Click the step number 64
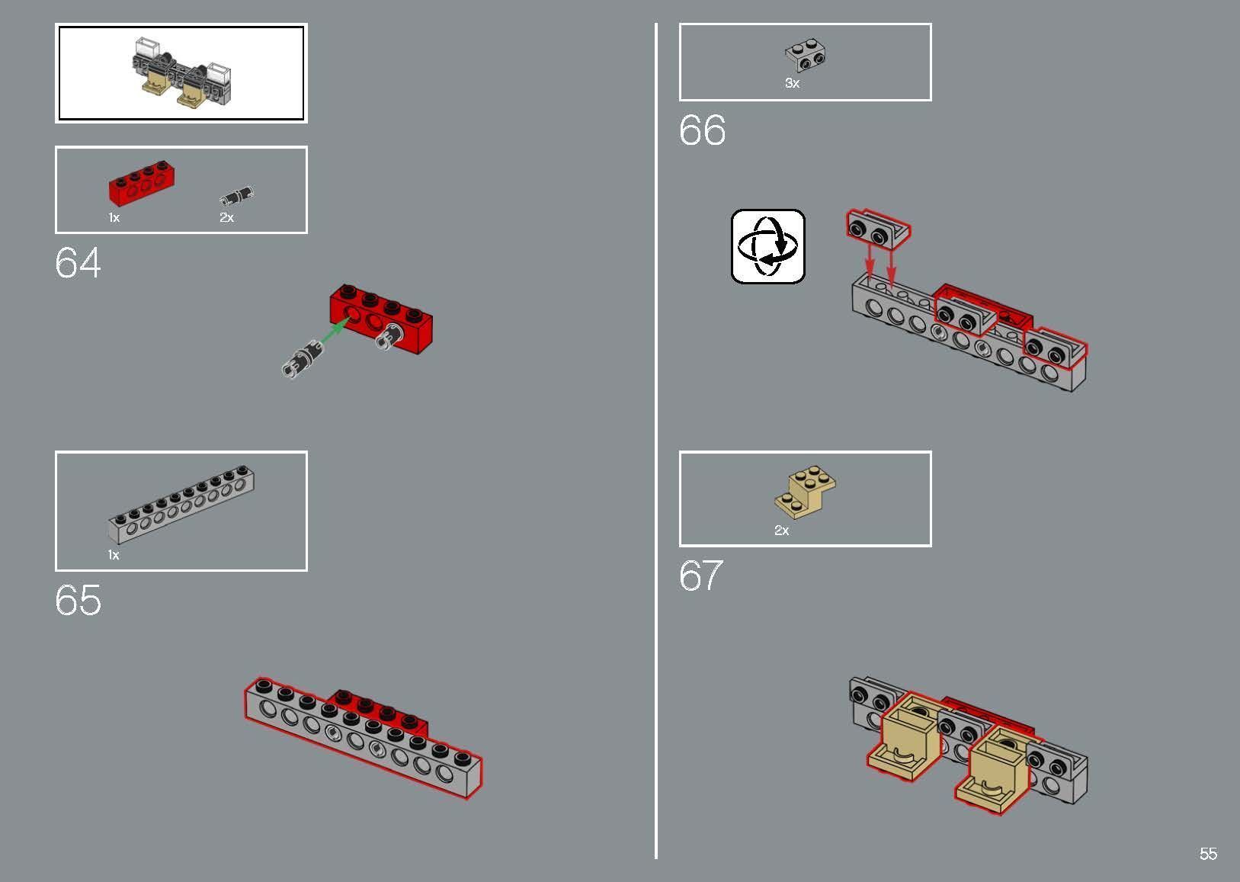point(78,262)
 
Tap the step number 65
point(78,600)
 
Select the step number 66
point(702,130)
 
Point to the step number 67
point(701,576)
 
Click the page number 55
point(1209,854)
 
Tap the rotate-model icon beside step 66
point(767,246)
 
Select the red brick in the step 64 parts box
point(141,183)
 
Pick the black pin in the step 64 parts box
point(237,195)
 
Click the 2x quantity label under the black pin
point(226,217)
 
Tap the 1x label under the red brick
point(114,217)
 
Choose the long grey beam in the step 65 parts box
point(181,504)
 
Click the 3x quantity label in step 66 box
point(792,84)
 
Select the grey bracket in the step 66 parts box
point(806,56)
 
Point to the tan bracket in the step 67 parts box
point(806,492)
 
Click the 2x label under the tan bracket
point(782,531)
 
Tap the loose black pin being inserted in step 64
point(302,359)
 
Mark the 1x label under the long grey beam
point(114,555)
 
